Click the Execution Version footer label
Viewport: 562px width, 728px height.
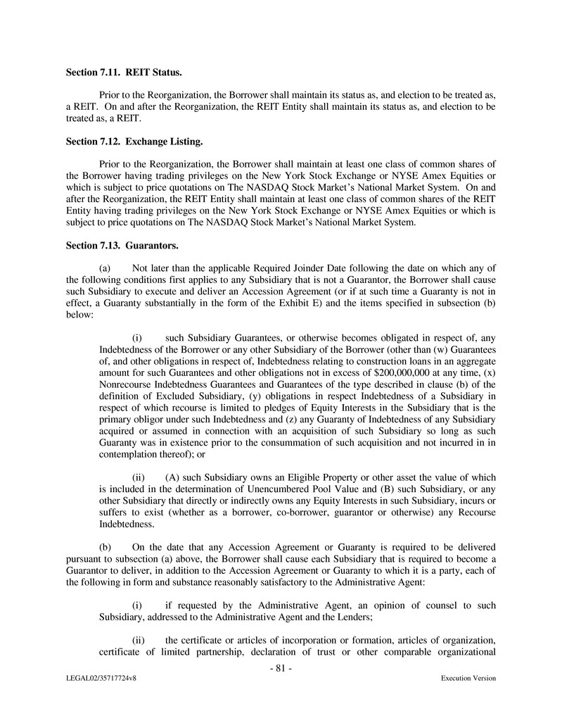point(468,678)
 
